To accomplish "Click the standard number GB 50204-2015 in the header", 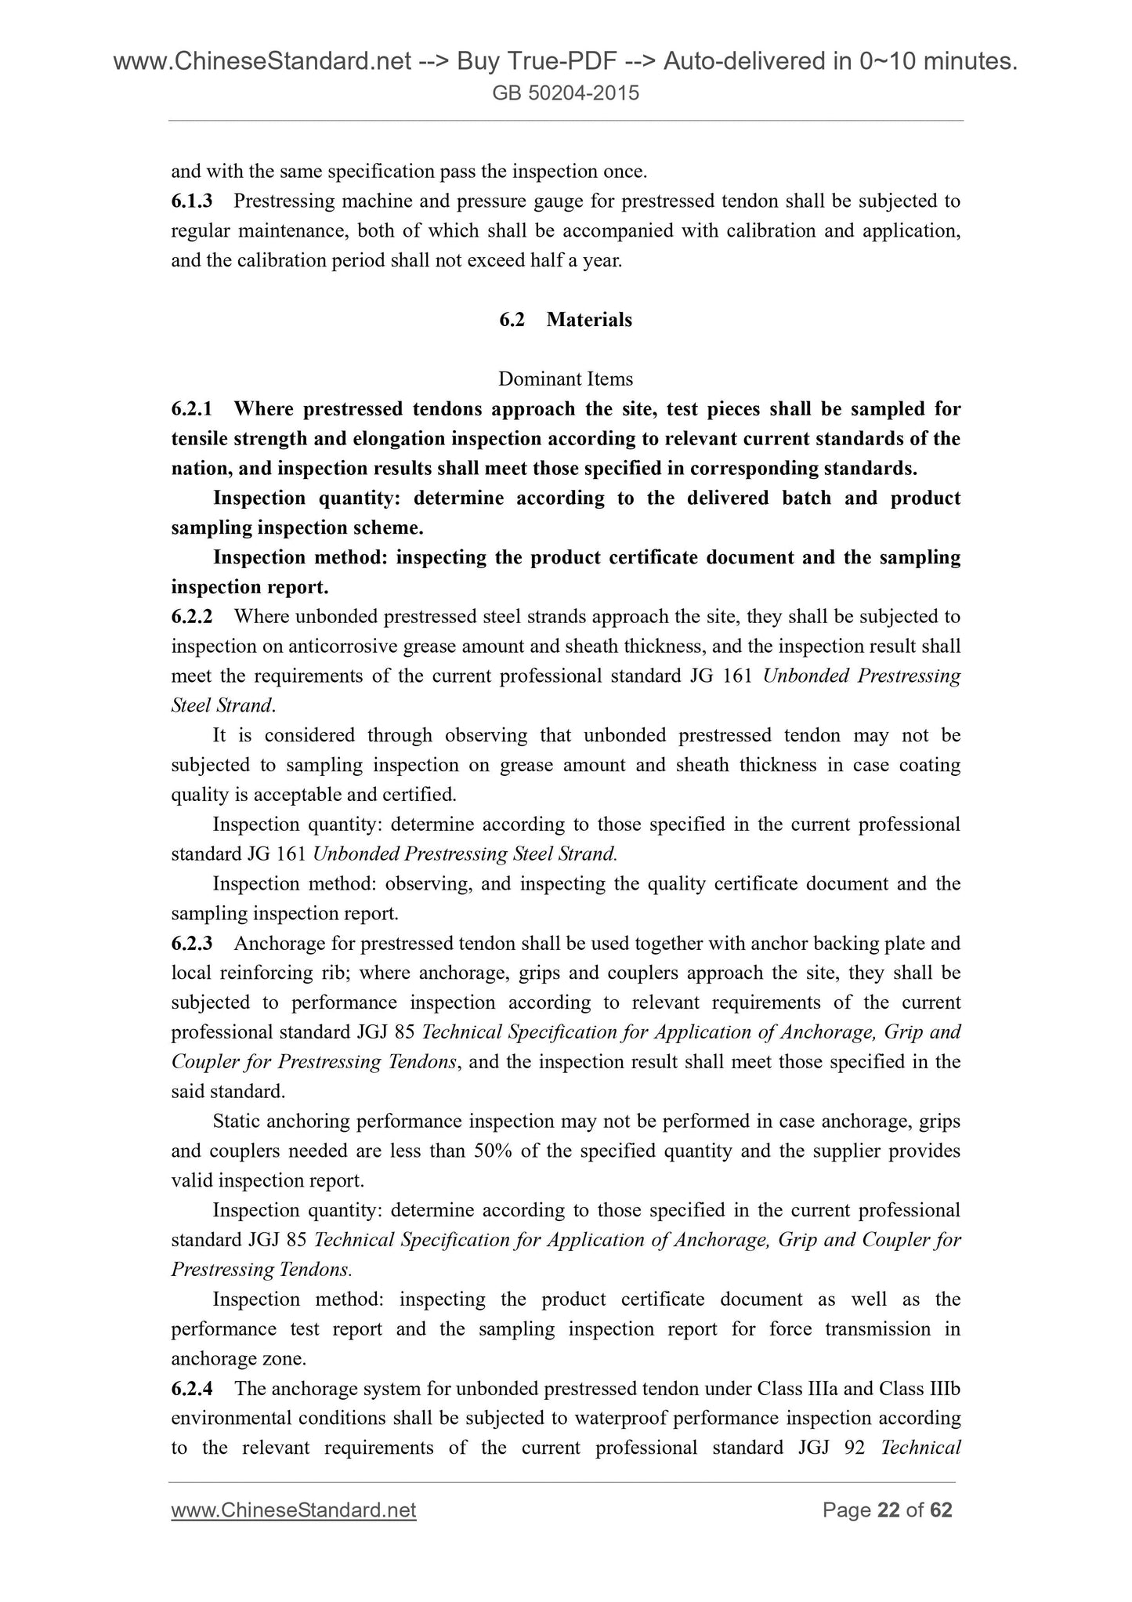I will (566, 94).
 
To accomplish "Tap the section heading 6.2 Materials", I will (566, 320).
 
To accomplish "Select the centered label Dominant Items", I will (566, 379).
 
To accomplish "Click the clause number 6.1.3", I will (192, 201).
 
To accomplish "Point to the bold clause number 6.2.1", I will (192, 409).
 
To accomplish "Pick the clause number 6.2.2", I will (192, 617).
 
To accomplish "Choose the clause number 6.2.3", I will (192, 944).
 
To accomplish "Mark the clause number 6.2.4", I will (192, 1389).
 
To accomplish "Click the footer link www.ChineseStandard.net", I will (294, 1510).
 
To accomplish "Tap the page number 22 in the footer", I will (888, 1510).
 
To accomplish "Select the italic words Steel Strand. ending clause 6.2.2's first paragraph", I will (222, 706).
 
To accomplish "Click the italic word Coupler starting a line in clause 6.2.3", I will (202, 1063).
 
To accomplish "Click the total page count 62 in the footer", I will (940, 1510).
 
